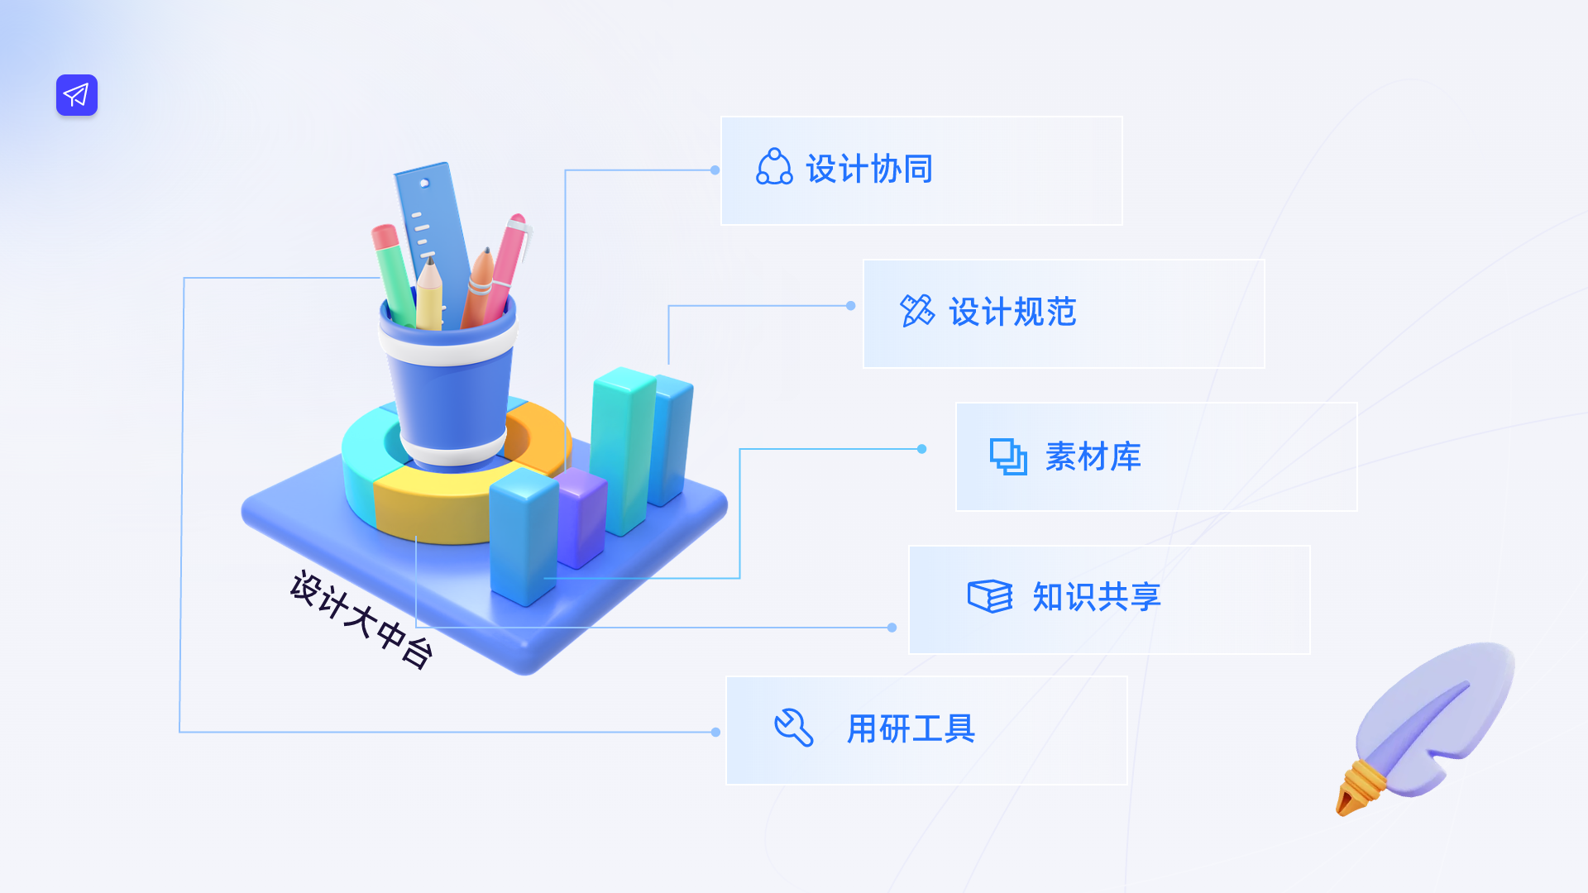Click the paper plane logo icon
point(77,95)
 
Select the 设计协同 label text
point(869,170)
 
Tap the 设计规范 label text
point(1012,313)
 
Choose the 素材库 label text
point(1093,456)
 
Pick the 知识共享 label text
point(1097,597)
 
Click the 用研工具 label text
point(911,729)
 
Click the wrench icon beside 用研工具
point(793,728)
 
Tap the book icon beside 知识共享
point(989,596)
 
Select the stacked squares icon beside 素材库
point(1008,456)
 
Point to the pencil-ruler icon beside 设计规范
point(916,311)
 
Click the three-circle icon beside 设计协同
point(774,167)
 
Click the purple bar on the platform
point(582,517)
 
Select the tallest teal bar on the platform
point(622,446)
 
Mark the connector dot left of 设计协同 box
point(715,170)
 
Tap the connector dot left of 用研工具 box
point(715,732)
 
